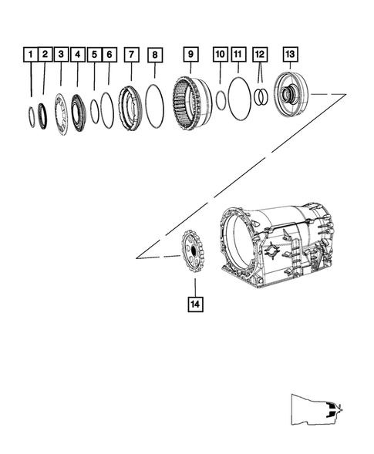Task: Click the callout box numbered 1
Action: point(31,55)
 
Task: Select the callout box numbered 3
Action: point(62,55)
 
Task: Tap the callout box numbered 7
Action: point(132,55)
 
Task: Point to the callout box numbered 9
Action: point(190,55)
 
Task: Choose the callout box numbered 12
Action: point(260,55)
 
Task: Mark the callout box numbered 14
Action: point(194,304)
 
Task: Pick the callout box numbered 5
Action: point(94,55)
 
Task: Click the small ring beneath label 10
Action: point(220,100)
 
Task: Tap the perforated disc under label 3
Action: point(62,113)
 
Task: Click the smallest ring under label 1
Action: point(30,116)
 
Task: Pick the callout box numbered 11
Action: point(238,55)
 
